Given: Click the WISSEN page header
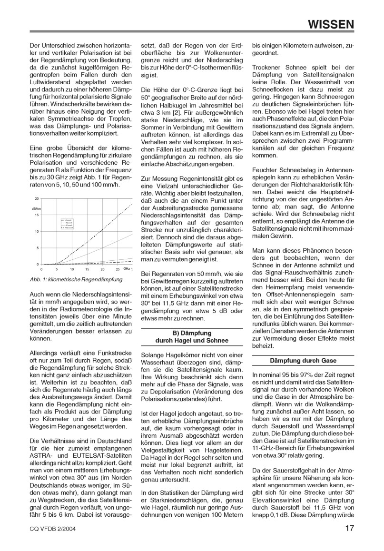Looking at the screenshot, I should coord(331,23).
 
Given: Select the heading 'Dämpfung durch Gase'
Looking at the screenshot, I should coord(303,360).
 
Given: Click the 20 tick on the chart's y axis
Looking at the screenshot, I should coord(37,199).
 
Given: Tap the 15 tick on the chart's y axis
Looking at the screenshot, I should coord(37,215).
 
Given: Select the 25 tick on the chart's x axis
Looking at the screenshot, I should coord(117,269).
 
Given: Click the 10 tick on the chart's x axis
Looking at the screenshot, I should coord(72,269).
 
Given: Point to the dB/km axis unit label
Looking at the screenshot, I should coord(36,208).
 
